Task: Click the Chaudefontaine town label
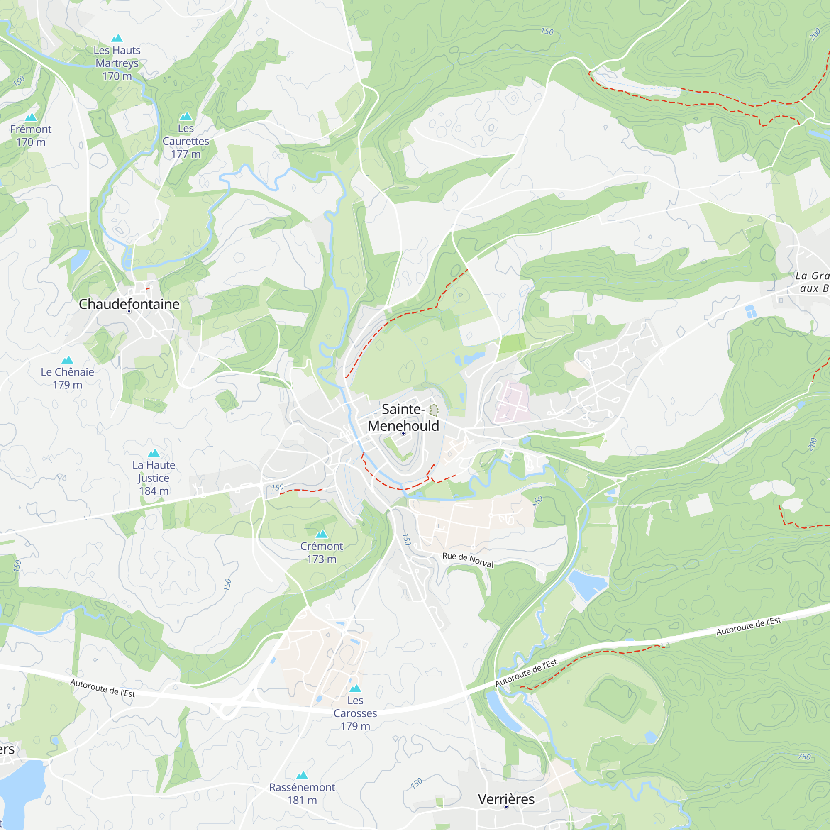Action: click(129, 304)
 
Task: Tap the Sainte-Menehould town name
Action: click(403, 417)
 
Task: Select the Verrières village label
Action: click(506, 799)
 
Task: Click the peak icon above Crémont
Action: click(322, 534)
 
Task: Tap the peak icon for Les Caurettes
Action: click(186, 116)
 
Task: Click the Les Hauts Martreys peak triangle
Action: click(117, 38)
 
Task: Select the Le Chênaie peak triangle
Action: click(68, 360)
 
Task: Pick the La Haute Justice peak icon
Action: click(154, 453)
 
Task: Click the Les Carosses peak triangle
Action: click(355, 688)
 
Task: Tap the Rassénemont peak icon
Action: click(302, 775)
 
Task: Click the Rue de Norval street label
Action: click(468, 560)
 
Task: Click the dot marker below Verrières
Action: click(506, 807)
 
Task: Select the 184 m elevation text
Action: click(154, 491)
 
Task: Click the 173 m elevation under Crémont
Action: click(322, 559)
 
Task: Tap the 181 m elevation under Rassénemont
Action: click(302, 800)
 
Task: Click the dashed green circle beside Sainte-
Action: click(434, 410)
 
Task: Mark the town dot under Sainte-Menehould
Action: click(403, 434)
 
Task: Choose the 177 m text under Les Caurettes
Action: click(186, 154)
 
